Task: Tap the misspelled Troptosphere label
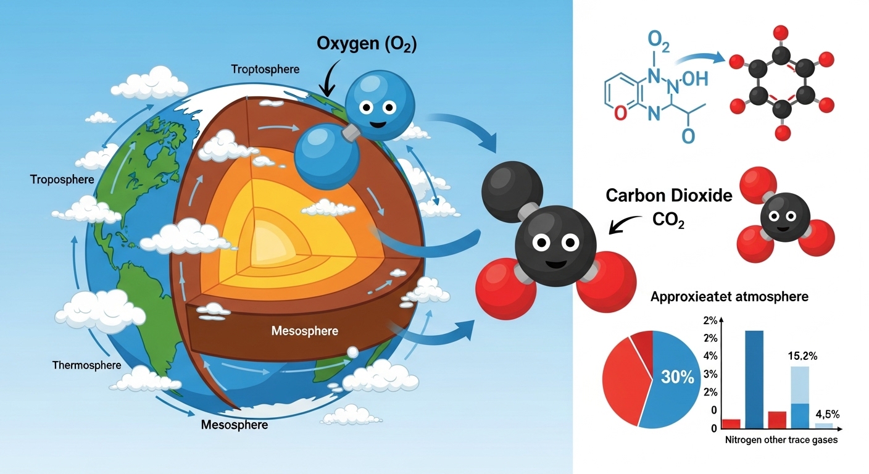pyautogui.click(x=265, y=69)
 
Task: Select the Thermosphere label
pyautogui.click(x=86, y=365)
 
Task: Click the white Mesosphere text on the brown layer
pyautogui.click(x=305, y=331)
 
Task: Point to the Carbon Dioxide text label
pyautogui.click(x=669, y=196)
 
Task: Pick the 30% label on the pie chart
pyautogui.click(x=678, y=377)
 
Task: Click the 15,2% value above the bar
pyautogui.click(x=803, y=356)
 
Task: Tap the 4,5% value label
pyautogui.click(x=827, y=414)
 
